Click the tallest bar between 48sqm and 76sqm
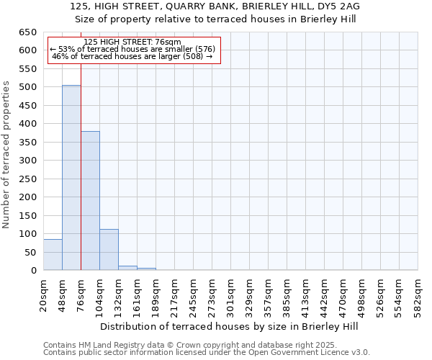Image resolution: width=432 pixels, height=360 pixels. click(71, 178)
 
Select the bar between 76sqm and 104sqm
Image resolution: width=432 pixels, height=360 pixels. click(90, 201)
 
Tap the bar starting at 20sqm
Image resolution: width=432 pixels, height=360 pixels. click(53, 255)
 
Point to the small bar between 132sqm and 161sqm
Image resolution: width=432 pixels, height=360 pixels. click(127, 268)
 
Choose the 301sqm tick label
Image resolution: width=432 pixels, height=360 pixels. click(230, 294)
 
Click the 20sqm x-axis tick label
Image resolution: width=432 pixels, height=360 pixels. click(43, 292)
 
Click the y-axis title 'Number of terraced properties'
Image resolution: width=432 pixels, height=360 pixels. click(6, 154)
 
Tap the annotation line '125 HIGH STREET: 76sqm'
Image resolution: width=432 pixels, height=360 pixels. click(132, 42)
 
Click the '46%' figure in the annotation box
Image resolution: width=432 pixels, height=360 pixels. click(60, 56)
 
